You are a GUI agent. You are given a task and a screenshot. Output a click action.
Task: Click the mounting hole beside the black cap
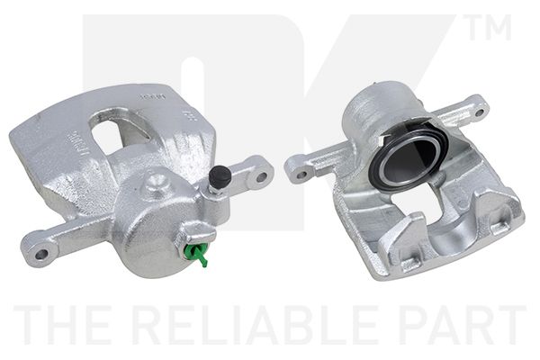click(261, 176)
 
